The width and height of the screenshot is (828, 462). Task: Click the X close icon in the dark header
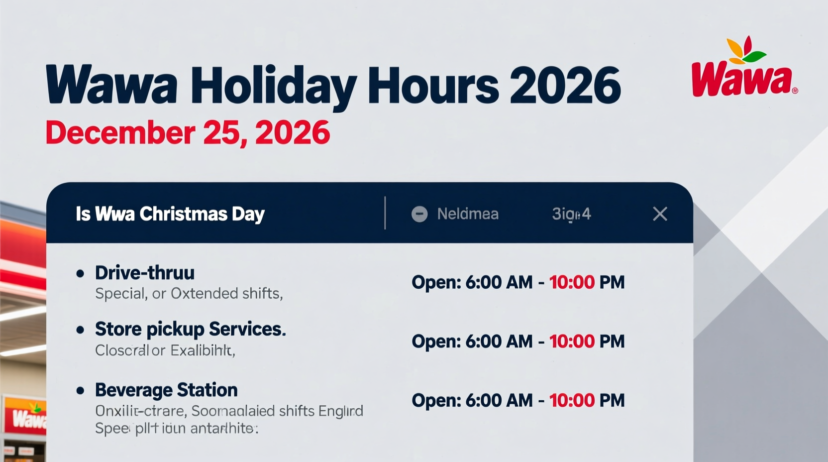660,214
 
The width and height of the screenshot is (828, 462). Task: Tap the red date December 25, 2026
188,132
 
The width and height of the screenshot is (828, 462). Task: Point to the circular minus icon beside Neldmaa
419,214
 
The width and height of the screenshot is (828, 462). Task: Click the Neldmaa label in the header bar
468,214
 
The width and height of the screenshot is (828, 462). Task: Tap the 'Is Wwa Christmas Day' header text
170,214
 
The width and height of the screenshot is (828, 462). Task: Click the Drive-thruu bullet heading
145,273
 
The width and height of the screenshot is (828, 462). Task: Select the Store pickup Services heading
190,329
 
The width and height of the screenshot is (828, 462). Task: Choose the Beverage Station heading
166,390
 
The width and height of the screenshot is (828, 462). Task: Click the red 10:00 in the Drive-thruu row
572,282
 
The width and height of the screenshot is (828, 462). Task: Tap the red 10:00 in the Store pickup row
572,342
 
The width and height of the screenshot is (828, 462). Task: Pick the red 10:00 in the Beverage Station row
572,400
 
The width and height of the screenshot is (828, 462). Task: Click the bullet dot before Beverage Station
80,391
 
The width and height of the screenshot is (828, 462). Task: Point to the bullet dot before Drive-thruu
80,273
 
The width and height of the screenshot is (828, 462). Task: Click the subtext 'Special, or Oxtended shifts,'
189,294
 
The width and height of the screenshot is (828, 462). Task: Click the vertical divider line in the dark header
385,213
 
